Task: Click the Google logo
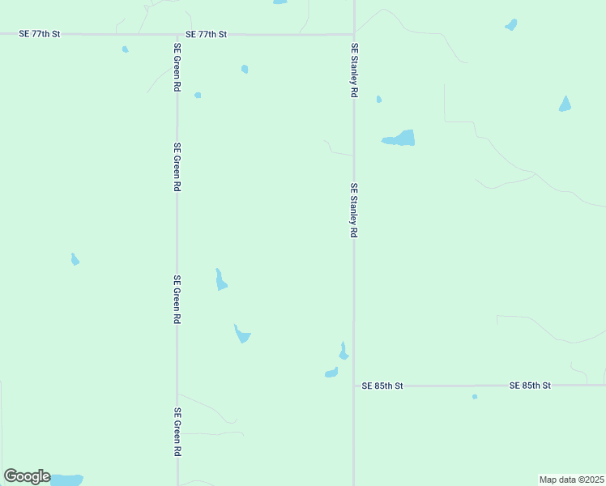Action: click(x=27, y=476)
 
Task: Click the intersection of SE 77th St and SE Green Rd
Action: click(x=177, y=35)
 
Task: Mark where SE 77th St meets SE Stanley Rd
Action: click(x=353, y=34)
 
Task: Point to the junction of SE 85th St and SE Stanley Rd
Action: click(x=353, y=386)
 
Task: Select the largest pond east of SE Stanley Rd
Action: click(x=399, y=139)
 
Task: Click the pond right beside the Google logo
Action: click(x=66, y=480)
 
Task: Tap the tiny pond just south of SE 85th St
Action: click(x=475, y=397)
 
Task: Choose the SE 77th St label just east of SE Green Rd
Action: click(x=206, y=35)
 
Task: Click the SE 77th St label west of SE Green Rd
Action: click(x=41, y=35)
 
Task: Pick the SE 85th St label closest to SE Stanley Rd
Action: click(x=383, y=386)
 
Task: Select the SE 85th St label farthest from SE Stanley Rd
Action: click(x=530, y=386)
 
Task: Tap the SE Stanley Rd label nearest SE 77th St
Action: click(x=354, y=71)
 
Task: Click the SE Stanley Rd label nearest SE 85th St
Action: click(x=354, y=210)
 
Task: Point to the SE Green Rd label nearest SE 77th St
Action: click(x=177, y=67)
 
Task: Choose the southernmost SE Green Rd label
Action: click(x=177, y=433)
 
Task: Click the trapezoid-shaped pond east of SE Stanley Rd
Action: click(x=565, y=104)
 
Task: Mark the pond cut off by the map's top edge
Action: click(x=280, y=2)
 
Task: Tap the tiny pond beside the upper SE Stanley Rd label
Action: click(x=378, y=100)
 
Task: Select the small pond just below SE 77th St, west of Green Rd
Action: click(x=125, y=49)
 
